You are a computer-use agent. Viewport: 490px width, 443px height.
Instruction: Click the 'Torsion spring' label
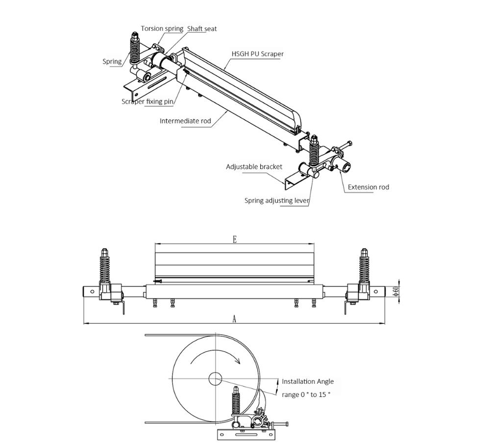click(x=162, y=28)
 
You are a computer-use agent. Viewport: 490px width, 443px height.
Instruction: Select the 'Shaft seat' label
click(x=201, y=29)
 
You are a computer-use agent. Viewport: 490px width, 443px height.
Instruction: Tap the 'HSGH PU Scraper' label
click(x=257, y=54)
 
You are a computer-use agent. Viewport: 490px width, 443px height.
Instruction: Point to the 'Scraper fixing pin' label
click(x=147, y=102)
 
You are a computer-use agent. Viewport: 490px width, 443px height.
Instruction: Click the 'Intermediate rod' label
click(x=185, y=121)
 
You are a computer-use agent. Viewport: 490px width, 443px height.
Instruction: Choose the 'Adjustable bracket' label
click(x=254, y=167)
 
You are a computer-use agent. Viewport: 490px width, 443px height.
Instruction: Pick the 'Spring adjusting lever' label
click(x=277, y=201)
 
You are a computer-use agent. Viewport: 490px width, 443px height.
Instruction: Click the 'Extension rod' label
click(x=368, y=187)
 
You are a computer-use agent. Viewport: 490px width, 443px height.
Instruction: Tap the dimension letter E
click(x=235, y=239)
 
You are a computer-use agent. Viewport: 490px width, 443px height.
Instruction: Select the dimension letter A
click(x=234, y=319)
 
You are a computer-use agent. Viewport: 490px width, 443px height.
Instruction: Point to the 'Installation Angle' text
click(x=308, y=381)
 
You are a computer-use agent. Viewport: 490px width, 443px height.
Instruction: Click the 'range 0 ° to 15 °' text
click(x=306, y=394)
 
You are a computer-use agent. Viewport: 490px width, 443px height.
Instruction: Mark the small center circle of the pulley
click(x=215, y=378)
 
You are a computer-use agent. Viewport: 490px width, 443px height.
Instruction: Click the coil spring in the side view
click(x=235, y=404)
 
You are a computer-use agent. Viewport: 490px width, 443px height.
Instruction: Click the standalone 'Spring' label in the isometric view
click(x=112, y=62)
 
